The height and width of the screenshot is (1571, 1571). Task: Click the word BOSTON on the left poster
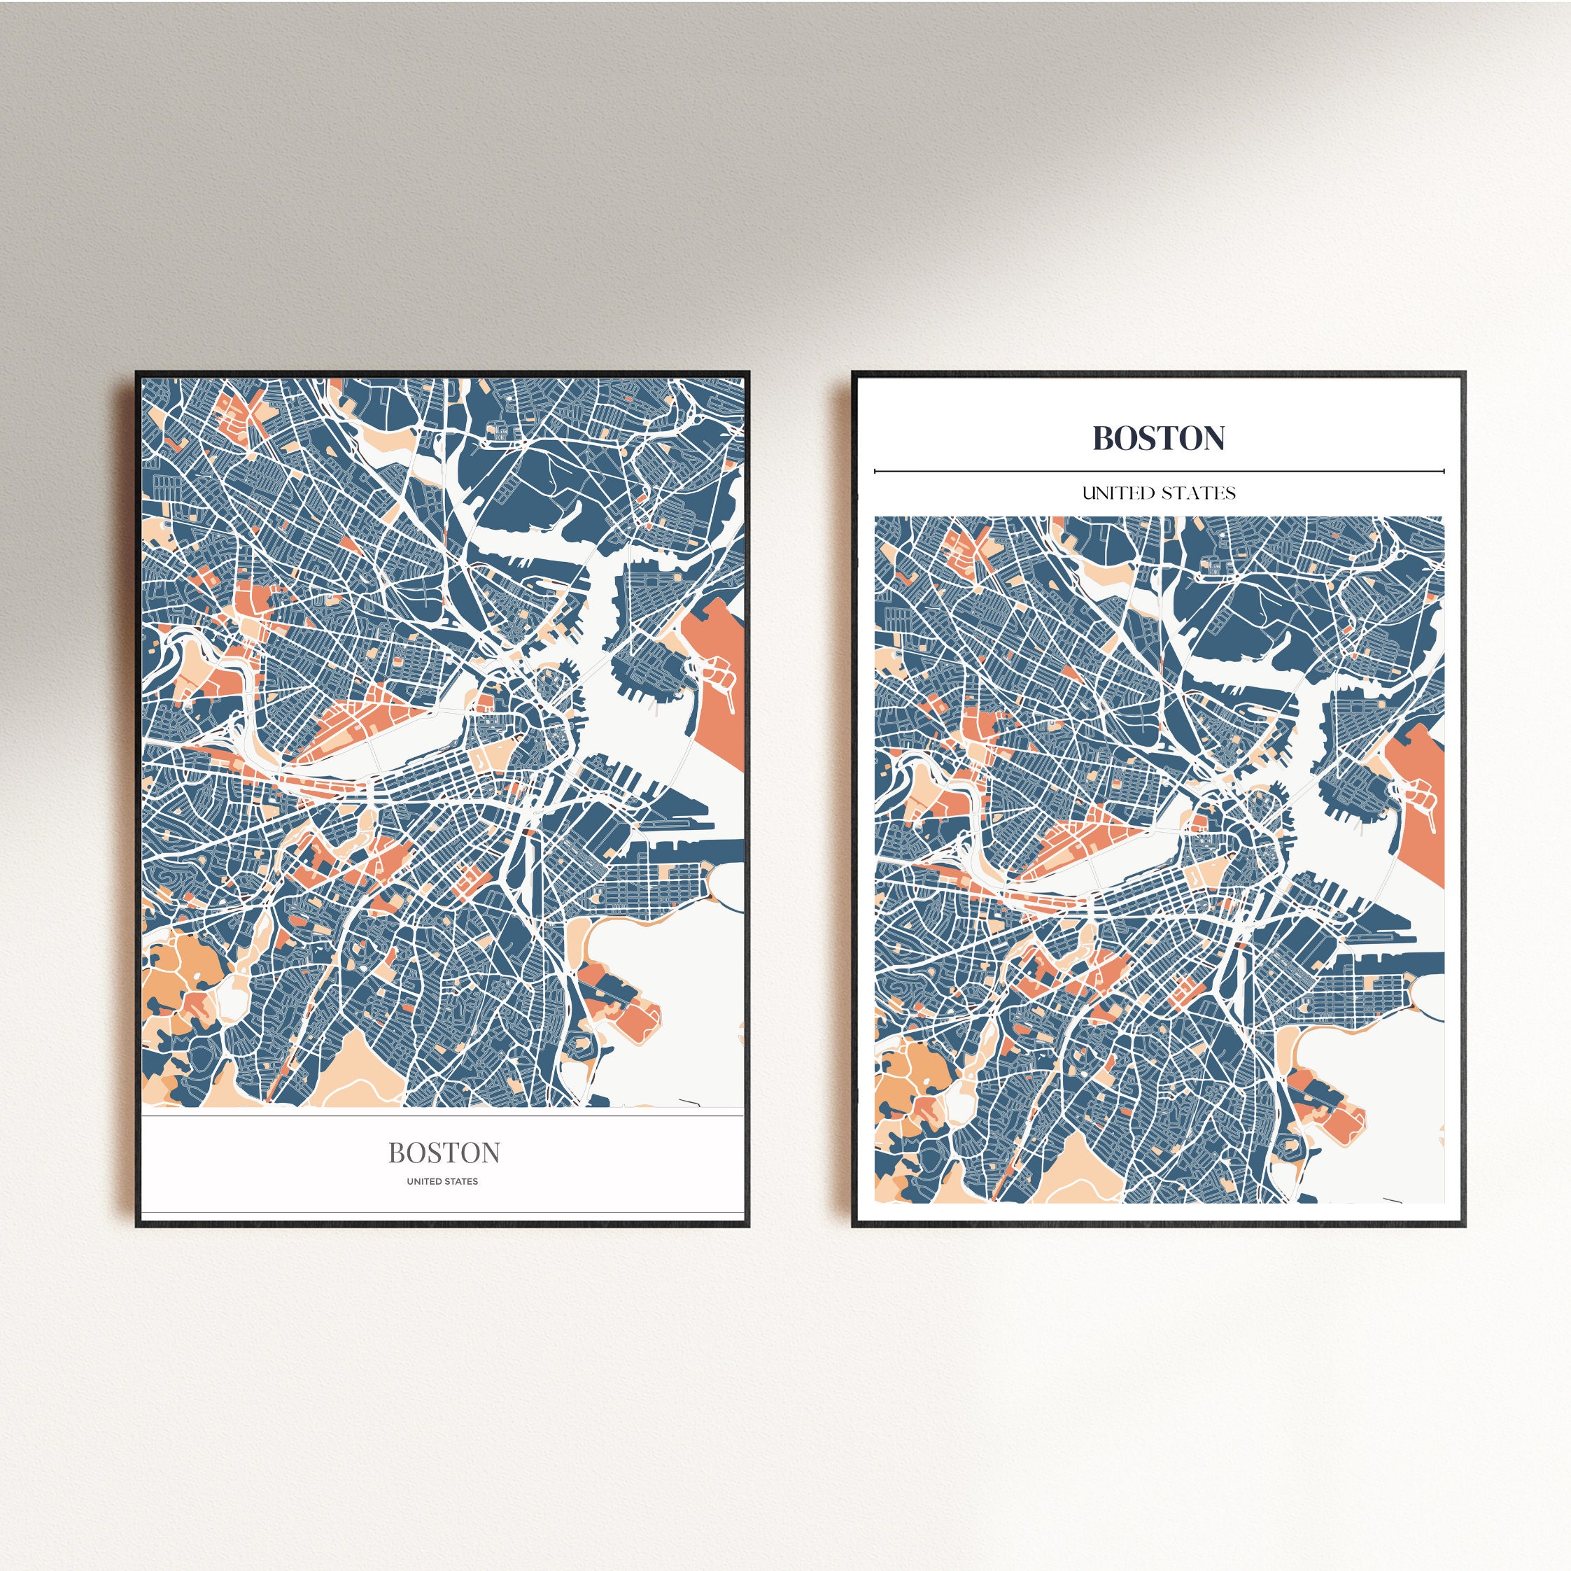(x=443, y=1153)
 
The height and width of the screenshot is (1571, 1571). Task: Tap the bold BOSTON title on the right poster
(x=1158, y=438)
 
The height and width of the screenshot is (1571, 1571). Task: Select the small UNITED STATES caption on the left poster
(x=442, y=1181)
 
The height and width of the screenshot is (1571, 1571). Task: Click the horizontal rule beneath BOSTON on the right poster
(x=1158, y=471)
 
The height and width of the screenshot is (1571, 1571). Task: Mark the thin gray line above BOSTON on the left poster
(x=442, y=1116)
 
